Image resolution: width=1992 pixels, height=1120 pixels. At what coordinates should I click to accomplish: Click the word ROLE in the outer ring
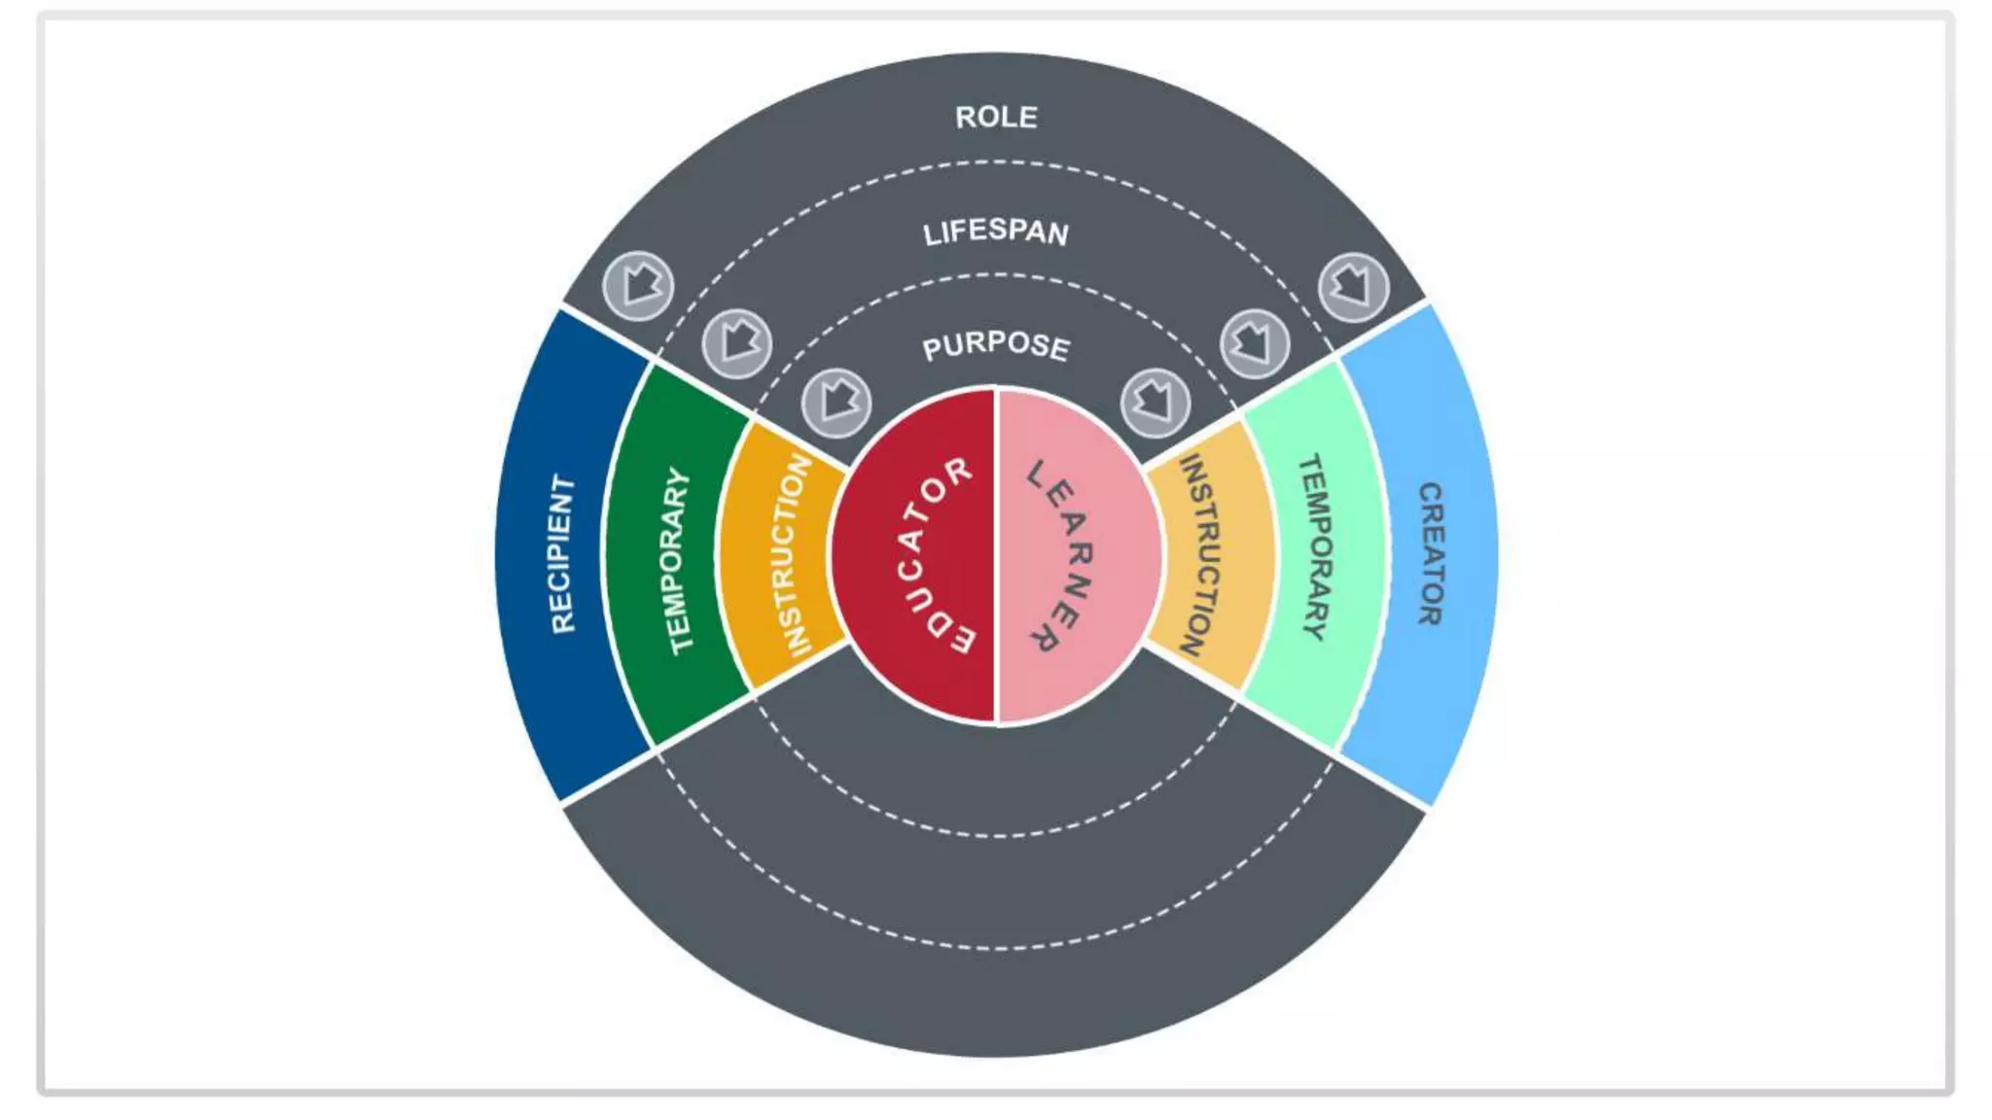(996, 118)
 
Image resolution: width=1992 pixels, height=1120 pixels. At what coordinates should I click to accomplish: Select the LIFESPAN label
(996, 231)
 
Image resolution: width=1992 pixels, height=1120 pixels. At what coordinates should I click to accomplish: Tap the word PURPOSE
(996, 345)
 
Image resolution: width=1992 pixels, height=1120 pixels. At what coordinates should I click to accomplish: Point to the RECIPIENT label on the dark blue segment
(562, 554)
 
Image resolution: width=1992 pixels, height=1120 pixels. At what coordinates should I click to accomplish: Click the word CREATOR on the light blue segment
(1430, 554)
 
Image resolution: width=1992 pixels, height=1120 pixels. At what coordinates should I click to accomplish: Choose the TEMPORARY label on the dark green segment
(678, 561)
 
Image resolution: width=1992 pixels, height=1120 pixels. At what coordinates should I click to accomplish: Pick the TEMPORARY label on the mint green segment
(1314, 547)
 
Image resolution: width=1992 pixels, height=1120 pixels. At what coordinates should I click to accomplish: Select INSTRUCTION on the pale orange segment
(1198, 555)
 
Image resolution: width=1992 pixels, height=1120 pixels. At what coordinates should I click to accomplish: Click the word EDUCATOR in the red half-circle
(930, 556)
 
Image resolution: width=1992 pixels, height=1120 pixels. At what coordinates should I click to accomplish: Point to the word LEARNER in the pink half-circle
(1062, 556)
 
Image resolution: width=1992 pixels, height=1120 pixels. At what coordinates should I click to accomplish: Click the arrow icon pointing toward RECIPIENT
(638, 286)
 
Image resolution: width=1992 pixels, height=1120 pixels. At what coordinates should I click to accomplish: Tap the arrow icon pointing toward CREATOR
(1353, 287)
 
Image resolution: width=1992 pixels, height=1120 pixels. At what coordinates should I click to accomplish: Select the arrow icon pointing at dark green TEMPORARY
(737, 343)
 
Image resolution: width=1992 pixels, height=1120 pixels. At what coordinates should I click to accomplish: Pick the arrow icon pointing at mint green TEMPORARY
(1255, 343)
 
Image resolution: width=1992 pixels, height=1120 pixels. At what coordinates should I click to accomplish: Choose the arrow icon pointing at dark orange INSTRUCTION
(836, 402)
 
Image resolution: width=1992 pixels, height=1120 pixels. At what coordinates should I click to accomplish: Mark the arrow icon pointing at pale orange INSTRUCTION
(1155, 401)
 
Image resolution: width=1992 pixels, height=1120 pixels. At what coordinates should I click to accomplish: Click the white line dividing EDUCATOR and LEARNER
(996, 556)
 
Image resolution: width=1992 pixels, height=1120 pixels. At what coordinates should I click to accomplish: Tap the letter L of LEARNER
(1037, 474)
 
